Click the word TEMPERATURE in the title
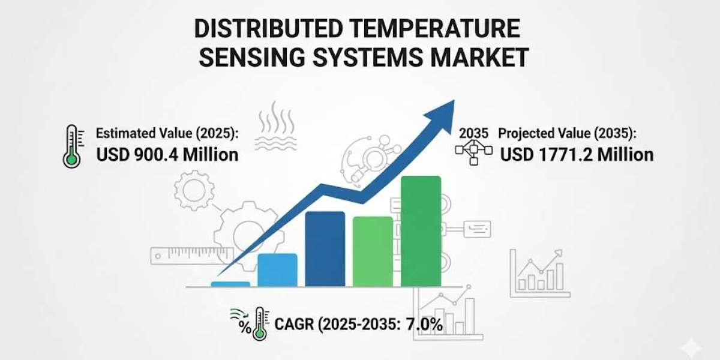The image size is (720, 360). (x=435, y=28)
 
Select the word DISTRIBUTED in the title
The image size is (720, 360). (x=268, y=28)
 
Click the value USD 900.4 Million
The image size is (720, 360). (x=167, y=155)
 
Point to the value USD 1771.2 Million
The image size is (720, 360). (x=577, y=155)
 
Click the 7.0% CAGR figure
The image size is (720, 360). (x=424, y=325)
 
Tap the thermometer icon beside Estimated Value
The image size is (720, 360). (x=73, y=146)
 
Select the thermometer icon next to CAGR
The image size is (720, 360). (x=260, y=323)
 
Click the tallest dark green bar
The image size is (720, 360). (x=421, y=231)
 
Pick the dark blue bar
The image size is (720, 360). (x=325, y=248)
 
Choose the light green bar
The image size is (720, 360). (x=373, y=251)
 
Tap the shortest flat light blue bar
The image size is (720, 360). (x=230, y=284)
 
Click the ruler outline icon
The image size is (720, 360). (x=192, y=256)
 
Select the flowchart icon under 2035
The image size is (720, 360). (x=474, y=152)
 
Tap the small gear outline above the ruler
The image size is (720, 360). (x=194, y=190)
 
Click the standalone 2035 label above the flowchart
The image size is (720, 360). (x=473, y=133)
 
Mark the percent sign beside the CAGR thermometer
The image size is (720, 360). (x=245, y=327)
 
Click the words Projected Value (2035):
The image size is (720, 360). (x=568, y=133)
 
